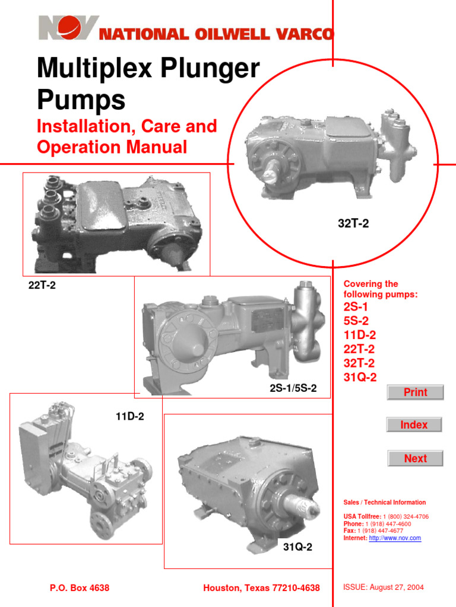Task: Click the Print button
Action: coord(415,392)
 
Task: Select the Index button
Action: coord(414,425)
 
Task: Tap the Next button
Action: coord(415,458)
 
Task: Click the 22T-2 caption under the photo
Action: coord(42,285)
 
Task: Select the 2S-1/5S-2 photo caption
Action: coord(293,388)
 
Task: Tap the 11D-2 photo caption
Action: coord(129,417)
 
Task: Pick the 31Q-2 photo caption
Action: coord(297,547)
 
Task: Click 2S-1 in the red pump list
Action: coord(356,307)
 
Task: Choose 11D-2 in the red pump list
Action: coord(359,335)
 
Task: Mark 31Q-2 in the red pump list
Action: coord(360,378)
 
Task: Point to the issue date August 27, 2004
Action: coord(397,587)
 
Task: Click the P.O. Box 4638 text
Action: coord(79,588)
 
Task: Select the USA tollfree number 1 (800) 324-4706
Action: coord(406,517)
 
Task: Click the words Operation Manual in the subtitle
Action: coord(112,146)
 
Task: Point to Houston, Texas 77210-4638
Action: coord(261,588)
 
